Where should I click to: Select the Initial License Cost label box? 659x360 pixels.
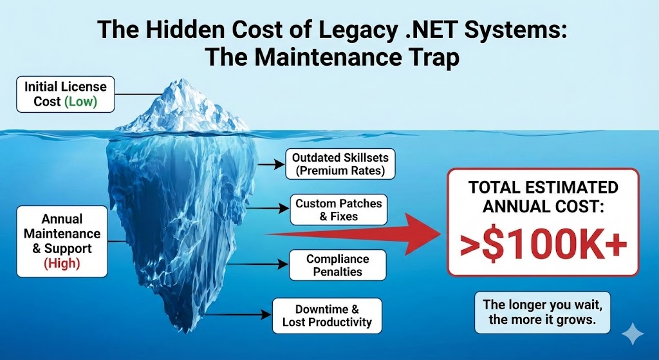click(x=61, y=93)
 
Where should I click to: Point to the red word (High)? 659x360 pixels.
click(x=61, y=263)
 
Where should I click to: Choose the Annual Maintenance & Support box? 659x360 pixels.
click(x=62, y=240)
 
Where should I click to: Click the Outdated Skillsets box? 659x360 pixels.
click(x=339, y=164)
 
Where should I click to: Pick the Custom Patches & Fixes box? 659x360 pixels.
click(x=339, y=210)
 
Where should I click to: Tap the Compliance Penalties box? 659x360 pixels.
click(x=337, y=265)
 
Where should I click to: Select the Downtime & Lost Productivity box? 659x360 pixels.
click(x=327, y=316)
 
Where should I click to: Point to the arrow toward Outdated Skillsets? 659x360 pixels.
click(x=271, y=164)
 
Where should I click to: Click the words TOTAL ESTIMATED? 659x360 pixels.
click(x=543, y=187)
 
